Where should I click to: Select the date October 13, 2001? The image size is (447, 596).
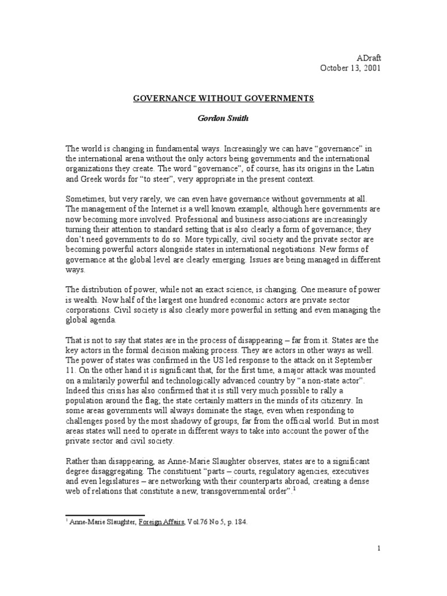click(350, 68)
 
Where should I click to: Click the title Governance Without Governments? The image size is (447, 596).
click(223, 98)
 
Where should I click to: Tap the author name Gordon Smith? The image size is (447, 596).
click(223, 118)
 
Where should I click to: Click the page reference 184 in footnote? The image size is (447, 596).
click(240, 522)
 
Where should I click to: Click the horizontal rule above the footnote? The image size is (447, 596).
click(104, 515)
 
